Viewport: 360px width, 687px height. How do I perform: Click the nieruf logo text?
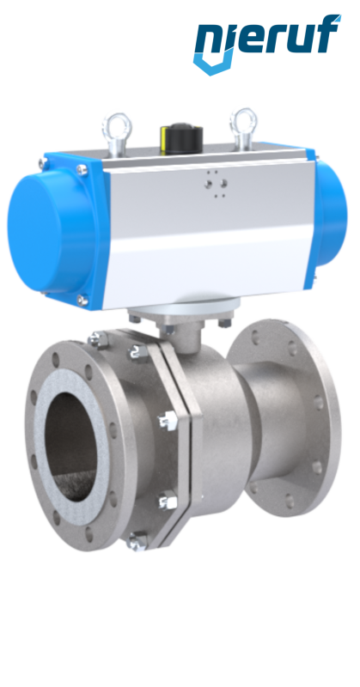[x=267, y=37]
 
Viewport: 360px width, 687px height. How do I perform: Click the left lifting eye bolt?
[x=117, y=134]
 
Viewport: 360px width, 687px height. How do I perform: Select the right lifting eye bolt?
[x=243, y=128]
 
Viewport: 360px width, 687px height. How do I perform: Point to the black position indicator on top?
[x=181, y=137]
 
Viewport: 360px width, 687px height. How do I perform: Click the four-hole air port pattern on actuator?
[x=216, y=184]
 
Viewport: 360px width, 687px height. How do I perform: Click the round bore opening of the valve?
[x=71, y=446]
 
